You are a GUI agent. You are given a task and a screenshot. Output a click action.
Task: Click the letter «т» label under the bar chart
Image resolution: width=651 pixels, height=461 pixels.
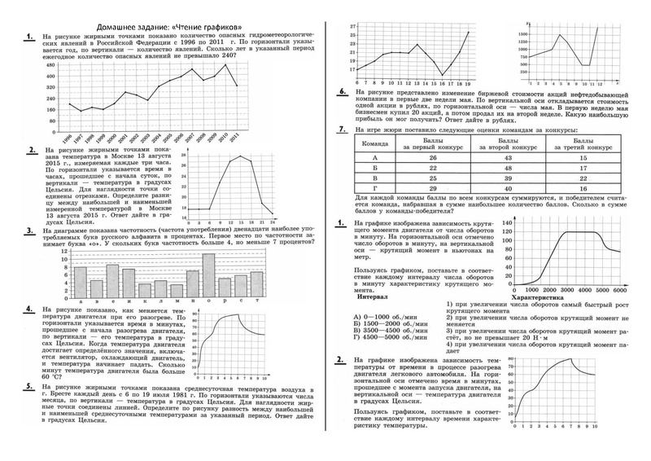tap(256, 301)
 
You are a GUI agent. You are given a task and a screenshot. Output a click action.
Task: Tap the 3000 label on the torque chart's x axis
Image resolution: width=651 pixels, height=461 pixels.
tap(563, 289)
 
